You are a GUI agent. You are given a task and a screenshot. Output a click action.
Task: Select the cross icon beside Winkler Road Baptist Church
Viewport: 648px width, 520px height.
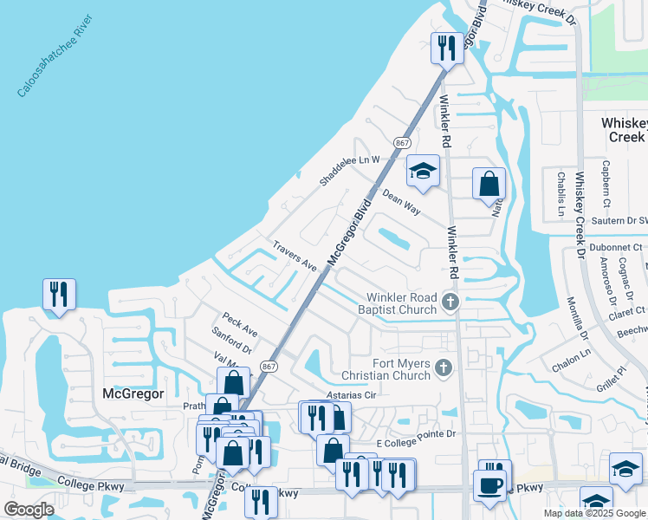pyautogui.click(x=449, y=302)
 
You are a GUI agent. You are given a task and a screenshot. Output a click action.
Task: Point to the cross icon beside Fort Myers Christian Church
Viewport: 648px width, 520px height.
pyautogui.click(x=444, y=368)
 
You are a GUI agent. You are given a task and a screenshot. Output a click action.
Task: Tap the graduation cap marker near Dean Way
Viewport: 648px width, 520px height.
pyautogui.click(x=422, y=172)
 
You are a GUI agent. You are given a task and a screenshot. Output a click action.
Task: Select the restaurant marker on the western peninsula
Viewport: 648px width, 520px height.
pyautogui.click(x=59, y=294)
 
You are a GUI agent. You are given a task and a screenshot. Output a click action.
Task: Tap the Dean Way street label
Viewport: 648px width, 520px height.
pyautogui.click(x=401, y=204)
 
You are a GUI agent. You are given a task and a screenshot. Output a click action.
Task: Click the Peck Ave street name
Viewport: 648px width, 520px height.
pyautogui.click(x=239, y=325)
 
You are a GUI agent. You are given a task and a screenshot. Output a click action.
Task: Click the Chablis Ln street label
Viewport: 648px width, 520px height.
pyautogui.click(x=560, y=192)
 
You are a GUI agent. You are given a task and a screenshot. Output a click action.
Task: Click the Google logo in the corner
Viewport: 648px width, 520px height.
pyautogui.click(x=29, y=509)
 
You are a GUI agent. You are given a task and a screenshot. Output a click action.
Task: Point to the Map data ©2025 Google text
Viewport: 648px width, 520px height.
pyautogui.click(x=593, y=513)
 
